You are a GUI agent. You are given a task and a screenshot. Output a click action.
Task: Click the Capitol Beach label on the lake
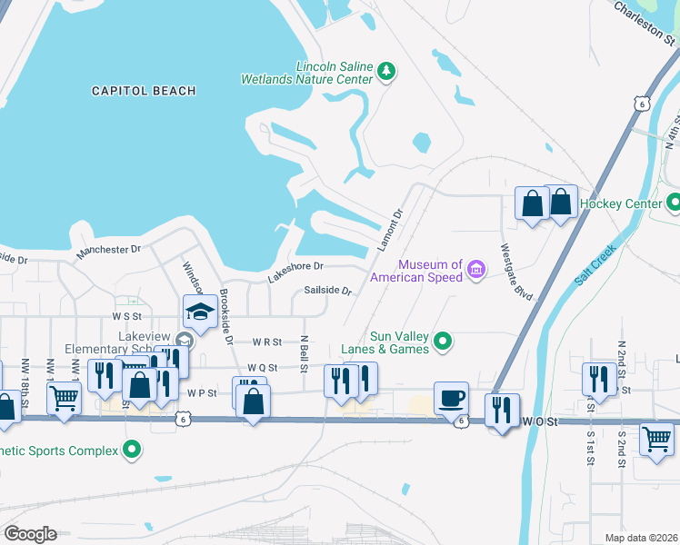click(x=144, y=91)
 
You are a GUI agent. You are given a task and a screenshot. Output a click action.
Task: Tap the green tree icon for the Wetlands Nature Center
click(x=386, y=71)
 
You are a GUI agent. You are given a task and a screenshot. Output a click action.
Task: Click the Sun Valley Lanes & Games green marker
click(x=443, y=342)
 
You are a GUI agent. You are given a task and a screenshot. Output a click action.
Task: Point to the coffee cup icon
click(x=451, y=397)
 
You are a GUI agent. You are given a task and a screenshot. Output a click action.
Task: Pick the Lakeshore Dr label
click(x=295, y=272)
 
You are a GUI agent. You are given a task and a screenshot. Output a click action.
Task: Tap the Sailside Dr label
click(x=327, y=291)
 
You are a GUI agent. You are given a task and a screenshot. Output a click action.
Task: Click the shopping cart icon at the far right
click(x=656, y=441)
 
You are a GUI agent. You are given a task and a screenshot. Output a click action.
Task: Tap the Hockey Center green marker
click(x=674, y=203)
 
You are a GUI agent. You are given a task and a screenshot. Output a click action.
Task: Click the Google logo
click(x=30, y=534)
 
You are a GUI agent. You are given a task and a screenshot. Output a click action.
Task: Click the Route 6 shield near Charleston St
click(x=642, y=104)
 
